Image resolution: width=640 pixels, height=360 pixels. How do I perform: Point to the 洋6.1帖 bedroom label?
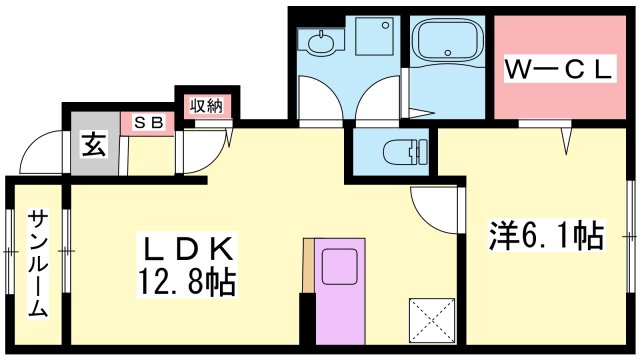coord(545,237)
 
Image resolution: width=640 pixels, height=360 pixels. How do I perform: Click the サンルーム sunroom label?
coord(36,263)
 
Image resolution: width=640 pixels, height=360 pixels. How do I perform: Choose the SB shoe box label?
coord(147,123)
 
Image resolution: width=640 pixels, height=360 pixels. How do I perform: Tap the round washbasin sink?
coord(321,42)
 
